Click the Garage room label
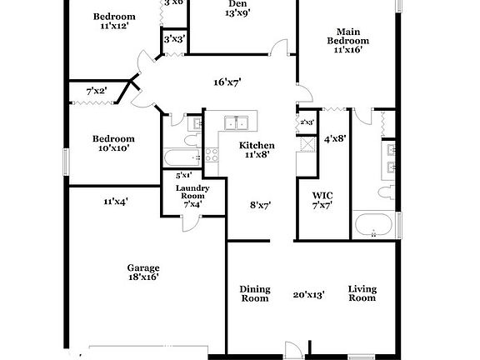click(x=142, y=268)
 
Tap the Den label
click(x=237, y=4)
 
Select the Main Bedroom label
click(x=347, y=41)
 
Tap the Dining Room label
click(x=255, y=293)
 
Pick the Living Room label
click(x=362, y=293)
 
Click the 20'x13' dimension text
click(x=308, y=293)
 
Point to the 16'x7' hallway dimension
click(x=227, y=82)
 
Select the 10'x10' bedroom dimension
click(x=112, y=148)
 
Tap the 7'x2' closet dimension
click(x=97, y=90)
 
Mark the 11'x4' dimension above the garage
click(x=115, y=201)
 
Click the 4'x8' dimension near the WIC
click(x=334, y=138)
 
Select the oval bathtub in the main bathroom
click(x=372, y=223)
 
